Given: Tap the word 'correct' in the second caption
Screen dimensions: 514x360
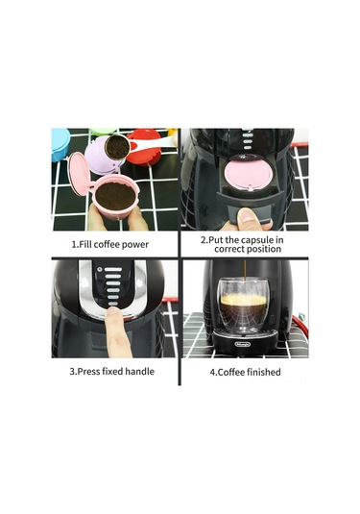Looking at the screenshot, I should click(x=229, y=249).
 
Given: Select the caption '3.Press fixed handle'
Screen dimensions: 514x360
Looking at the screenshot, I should click(x=113, y=371).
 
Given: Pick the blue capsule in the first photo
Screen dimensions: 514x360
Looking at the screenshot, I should click(x=60, y=140).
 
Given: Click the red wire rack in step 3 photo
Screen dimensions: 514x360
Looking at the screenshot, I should click(x=169, y=336).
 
